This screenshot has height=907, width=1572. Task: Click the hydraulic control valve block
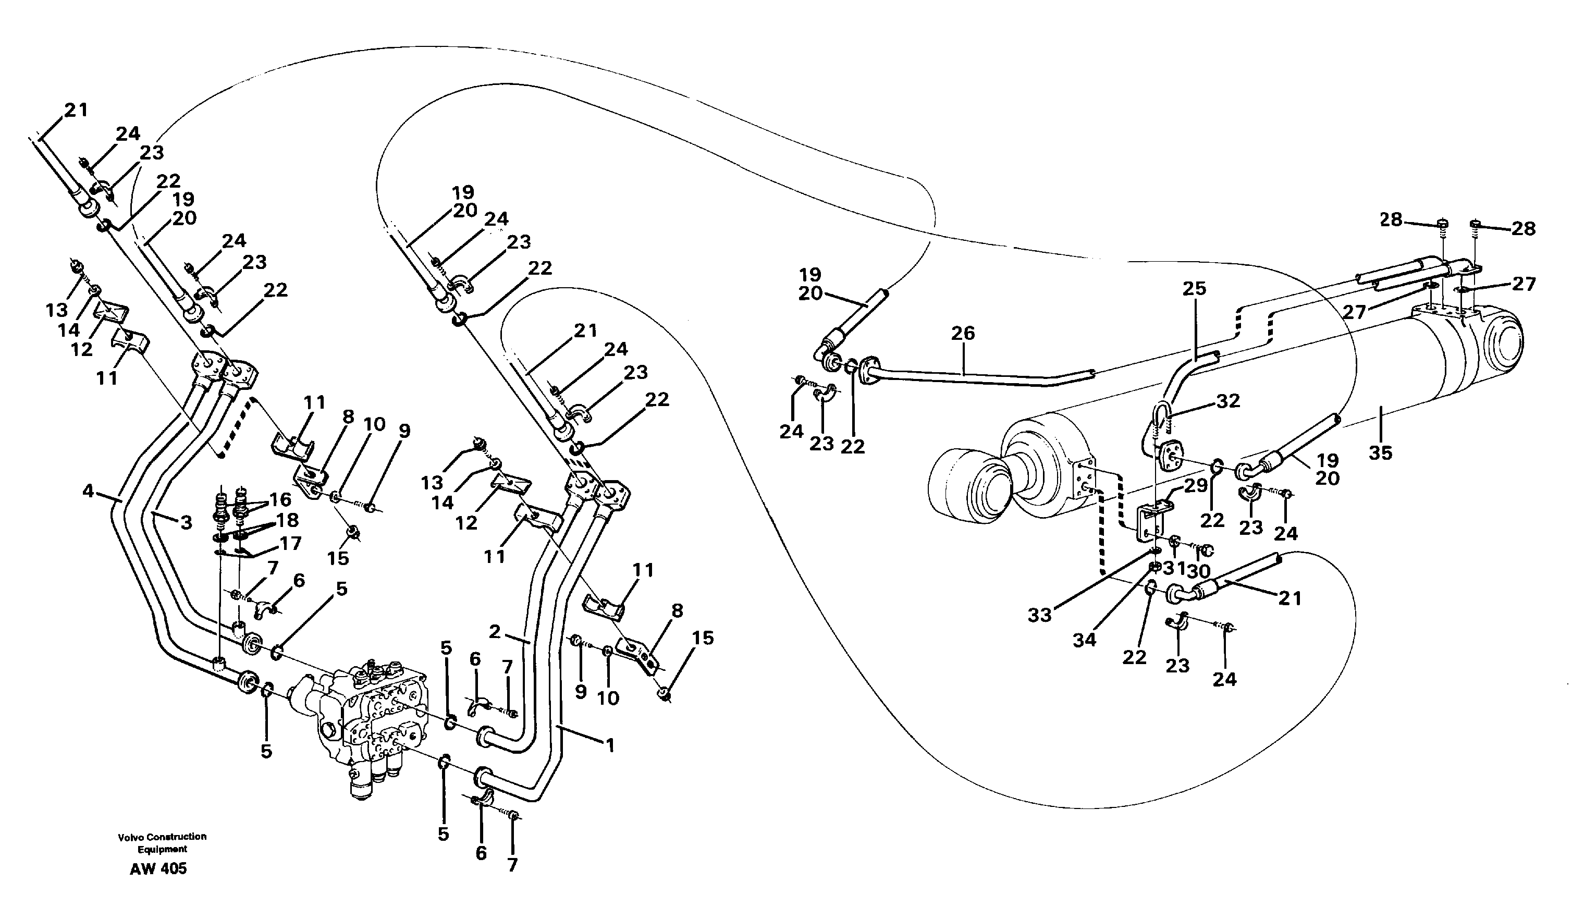pyautogui.click(x=367, y=722)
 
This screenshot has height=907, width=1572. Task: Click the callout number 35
pyautogui.click(x=1380, y=453)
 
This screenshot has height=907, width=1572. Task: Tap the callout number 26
pyautogui.click(x=963, y=333)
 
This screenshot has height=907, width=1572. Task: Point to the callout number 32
pyautogui.click(x=1228, y=402)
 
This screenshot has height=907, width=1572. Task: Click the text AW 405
pyautogui.click(x=158, y=869)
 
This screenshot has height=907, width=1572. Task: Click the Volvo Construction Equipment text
pyautogui.click(x=162, y=843)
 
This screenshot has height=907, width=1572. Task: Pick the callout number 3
pyautogui.click(x=186, y=523)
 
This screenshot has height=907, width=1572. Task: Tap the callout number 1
pyautogui.click(x=610, y=745)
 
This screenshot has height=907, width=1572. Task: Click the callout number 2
pyautogui.click(x=495, y=632)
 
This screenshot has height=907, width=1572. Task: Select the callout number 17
pyautogui.click(x=290, y=543)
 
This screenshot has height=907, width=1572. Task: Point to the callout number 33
pyautogui.click(x=1039, y=616)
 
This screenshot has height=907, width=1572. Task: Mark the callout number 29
pyautogui.click(x=1195, y=486)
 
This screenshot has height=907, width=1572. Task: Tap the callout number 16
pyautogui.click(x=280, y=499)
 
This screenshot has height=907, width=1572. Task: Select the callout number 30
pyautogui.click(x=1199, y=571)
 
